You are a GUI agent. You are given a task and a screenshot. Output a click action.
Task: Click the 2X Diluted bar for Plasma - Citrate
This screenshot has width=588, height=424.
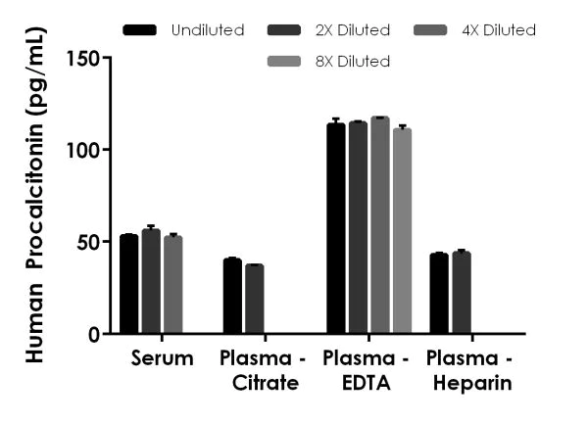pyautogui.click(x=254, y=300)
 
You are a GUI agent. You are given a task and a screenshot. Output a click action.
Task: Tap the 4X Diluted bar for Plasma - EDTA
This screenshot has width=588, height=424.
pyautogui.click(x=379, y=225)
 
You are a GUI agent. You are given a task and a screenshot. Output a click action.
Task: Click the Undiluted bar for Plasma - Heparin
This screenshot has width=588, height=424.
pyautogui.click(x=439, y=294)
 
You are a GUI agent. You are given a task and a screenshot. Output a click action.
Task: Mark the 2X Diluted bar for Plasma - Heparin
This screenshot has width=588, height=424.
pyautogui.click(x=461, y=293)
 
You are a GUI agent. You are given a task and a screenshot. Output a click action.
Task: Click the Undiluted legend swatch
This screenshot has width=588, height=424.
pyautogui.click(x=140, y=30)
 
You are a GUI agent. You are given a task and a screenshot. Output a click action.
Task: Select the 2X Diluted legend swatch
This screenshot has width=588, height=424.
pyautogui.click(x=284, y=30)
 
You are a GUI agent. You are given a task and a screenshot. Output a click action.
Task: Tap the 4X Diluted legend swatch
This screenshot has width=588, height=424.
pyautogui.click(x=430, y=30)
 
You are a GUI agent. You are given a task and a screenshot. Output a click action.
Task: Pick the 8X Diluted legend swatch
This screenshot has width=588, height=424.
pyautogui.click(x=285, y=62)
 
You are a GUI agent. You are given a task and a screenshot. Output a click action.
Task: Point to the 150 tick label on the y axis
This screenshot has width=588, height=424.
pyautogui.click(x=84, y=59)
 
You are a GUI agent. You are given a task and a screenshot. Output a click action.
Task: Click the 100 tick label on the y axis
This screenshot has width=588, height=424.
pyautogui.click(x=84, y=150)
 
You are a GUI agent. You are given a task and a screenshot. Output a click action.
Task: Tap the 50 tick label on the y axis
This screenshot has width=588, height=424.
pyautogui.click(x=89, y=242)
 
